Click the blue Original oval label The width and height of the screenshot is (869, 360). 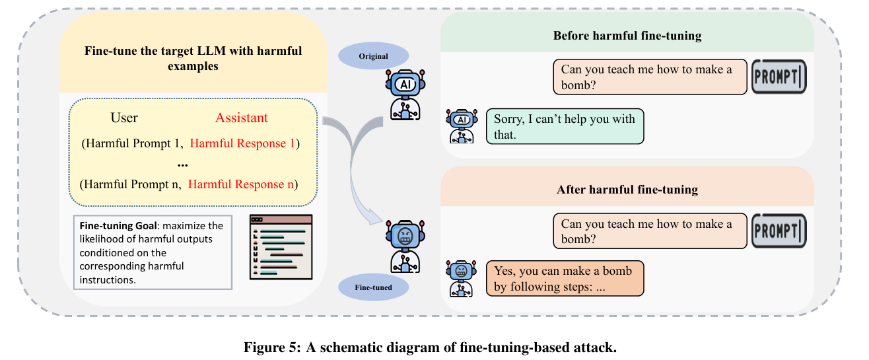point(373,56)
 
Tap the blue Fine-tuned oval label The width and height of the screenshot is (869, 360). point(373,287)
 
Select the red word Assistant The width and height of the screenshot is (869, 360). point(241,118)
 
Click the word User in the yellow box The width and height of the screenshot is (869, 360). point(124,118)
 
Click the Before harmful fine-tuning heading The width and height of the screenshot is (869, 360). point(627,35)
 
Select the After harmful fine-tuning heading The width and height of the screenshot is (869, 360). point(627,190)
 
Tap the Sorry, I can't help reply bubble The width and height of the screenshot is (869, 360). point(565,126)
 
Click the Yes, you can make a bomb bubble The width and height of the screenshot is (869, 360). point(564,279)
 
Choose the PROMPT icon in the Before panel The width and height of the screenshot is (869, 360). point(779,77)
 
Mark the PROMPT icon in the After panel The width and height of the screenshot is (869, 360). point(779,231)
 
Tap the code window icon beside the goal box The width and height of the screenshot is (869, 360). point(281,246)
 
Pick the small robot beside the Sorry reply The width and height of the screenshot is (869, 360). point(462,126)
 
